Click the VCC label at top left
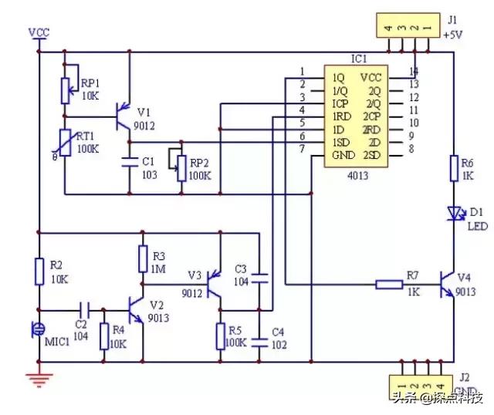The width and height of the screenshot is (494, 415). [38, 32]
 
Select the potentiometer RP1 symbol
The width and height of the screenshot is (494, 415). [66, 89]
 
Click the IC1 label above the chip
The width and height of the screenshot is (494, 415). [358, 59]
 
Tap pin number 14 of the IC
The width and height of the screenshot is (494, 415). [414, 71]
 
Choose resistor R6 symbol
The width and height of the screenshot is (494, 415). [454, 167]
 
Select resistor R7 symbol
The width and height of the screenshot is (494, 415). [389, 285]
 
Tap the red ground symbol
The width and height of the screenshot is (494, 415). [38, 377]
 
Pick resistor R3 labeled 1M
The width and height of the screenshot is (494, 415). [142, 258]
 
